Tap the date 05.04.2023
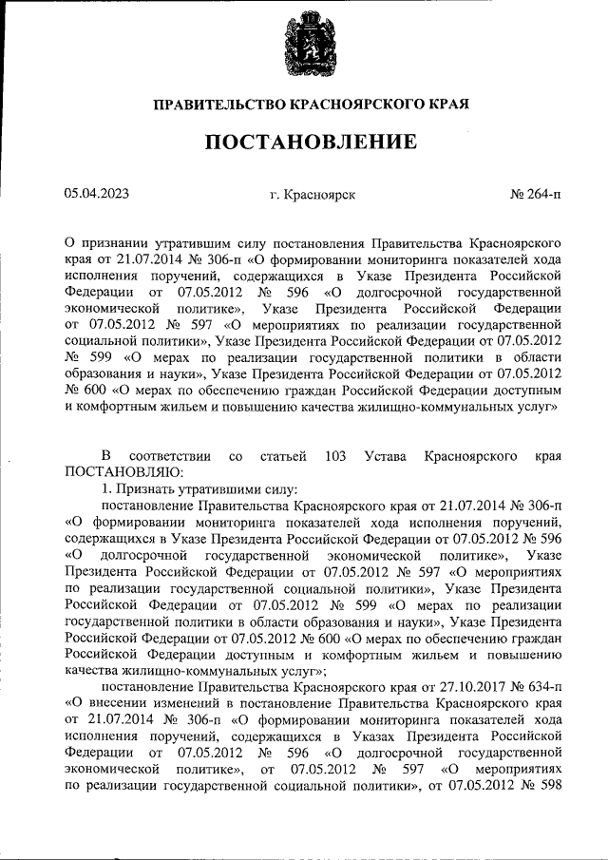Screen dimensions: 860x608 coord(97,193)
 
